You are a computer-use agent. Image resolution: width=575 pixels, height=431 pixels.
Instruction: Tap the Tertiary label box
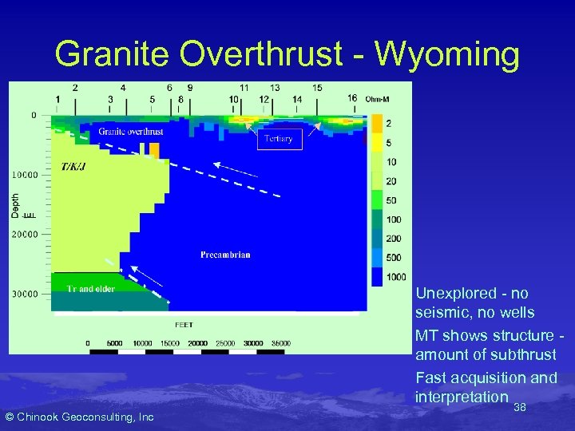point(279,139)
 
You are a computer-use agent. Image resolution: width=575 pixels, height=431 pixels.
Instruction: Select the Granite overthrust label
point(130,132)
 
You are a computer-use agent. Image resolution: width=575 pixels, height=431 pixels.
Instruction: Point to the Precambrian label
point(225,255)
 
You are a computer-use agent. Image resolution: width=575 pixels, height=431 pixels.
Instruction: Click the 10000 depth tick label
point(24,174)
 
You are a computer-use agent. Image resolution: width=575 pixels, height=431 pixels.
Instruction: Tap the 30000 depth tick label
point(24,294)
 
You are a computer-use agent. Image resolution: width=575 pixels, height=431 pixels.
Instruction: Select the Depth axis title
point(15,204)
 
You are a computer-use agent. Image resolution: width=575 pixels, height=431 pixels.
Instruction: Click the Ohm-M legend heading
point(376,99)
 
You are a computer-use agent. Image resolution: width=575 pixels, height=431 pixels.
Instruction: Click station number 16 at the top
point(352,98)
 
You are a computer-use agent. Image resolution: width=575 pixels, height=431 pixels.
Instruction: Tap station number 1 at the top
point(57,99)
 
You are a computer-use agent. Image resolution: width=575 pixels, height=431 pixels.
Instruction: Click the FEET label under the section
point(184,325)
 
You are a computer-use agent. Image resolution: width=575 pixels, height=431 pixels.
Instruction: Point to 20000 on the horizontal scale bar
point(196,343)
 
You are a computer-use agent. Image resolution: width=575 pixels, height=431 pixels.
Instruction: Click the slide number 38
point(519,407)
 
